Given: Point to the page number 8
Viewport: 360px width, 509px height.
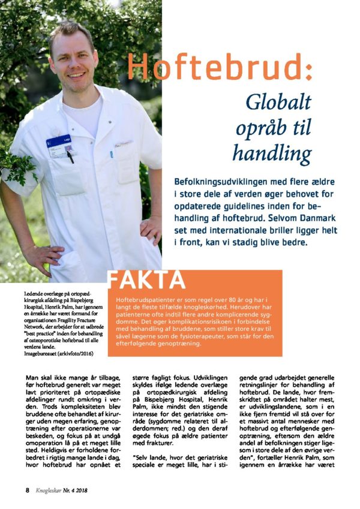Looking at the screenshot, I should [28, 489].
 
